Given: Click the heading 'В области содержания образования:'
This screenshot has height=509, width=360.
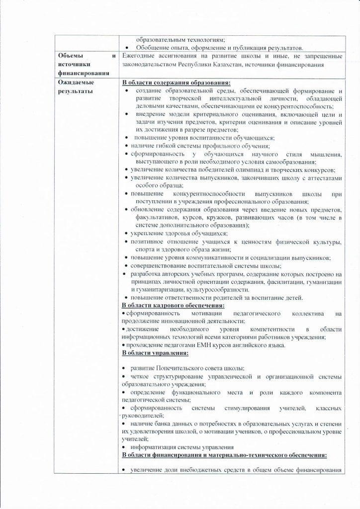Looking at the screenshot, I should [x=176, y=84].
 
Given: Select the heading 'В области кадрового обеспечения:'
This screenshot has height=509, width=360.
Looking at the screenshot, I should [x=173, y=305].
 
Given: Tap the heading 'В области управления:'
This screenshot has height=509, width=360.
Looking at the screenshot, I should [x=155, y=353].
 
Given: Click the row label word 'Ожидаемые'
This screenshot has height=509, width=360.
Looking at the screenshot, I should [x=75, y=84].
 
